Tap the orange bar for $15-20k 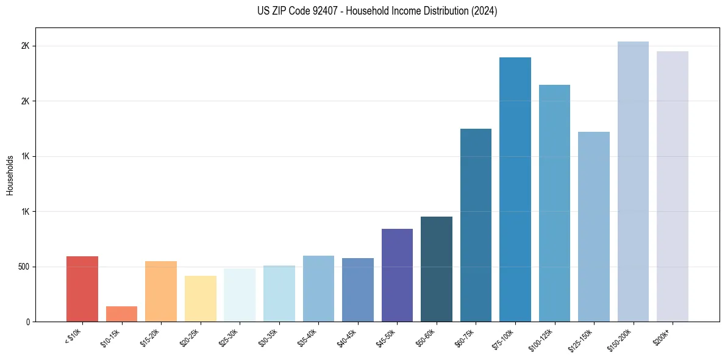(x=161, y=291)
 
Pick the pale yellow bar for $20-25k (x=200, y=298)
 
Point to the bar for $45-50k (x=397, y=275)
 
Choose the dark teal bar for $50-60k (x=437, y=268)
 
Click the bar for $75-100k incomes (x=515, y=189)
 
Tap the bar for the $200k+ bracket (x=673, y=186)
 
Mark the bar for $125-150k (x=594, y=226)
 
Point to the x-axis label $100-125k (x=544, y=338)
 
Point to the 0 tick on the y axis (x=28, y=322)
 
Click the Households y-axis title (x=10, y=175)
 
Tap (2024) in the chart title (x=485, y=11)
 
